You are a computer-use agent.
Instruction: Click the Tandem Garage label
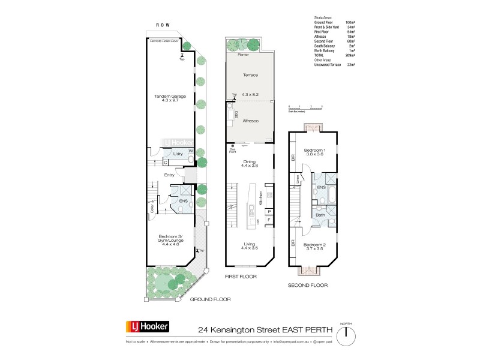pos(170,98)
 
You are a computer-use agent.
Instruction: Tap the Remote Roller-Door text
pos(165,41)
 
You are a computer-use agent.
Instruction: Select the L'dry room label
pos(178,154)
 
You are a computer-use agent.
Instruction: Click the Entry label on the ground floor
pos(170,175)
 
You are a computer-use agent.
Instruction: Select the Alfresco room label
pos(250,121)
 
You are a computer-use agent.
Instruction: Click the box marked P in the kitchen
pos(269,212)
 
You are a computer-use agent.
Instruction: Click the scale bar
pos(305,108)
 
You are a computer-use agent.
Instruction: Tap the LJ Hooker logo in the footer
pos(147,328)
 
